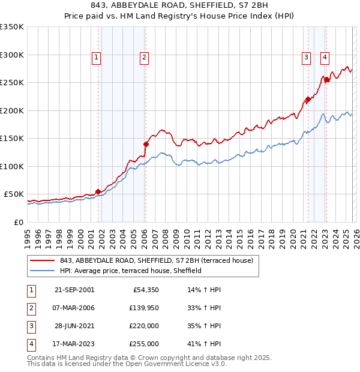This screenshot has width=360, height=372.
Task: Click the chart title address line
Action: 180,5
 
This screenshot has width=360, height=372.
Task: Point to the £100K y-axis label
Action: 12,166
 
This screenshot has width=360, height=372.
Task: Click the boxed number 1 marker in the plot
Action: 96,58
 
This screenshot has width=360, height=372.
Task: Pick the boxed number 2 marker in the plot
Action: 145,58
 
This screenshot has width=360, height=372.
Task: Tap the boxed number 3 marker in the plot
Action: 305,58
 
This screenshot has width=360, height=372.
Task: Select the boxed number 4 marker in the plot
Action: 325,58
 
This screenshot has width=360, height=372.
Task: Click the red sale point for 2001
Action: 98,191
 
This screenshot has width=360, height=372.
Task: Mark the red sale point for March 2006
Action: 145,144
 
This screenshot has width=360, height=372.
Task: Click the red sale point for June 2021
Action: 307,100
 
